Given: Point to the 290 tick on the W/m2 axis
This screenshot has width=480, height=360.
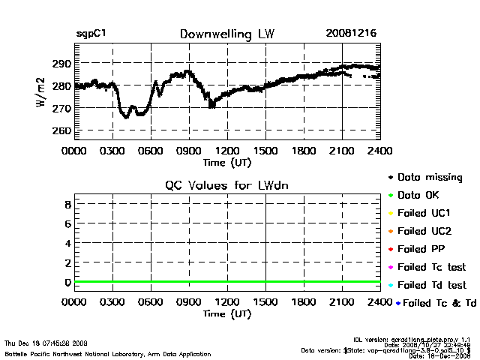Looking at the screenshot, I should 62,64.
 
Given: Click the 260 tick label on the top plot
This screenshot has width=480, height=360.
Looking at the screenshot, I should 62,130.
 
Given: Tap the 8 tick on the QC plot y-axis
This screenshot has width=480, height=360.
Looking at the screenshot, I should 67,204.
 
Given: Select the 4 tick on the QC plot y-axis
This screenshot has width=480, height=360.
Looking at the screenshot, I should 67,243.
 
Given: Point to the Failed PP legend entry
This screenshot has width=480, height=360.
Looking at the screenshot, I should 423,249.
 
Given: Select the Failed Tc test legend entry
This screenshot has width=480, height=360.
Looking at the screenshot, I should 431,267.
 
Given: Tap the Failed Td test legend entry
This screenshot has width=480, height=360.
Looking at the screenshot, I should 431,285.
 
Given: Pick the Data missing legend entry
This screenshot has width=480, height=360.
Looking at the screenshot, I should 429,178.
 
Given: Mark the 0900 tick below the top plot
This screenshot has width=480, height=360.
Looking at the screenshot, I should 189,151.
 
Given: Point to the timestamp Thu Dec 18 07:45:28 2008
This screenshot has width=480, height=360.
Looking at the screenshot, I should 46,343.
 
